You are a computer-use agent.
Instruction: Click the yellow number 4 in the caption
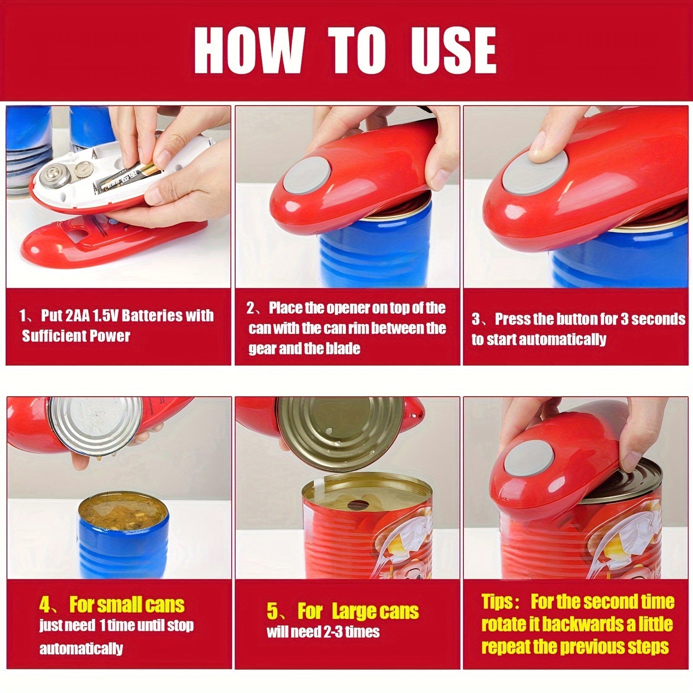tap(45, 605)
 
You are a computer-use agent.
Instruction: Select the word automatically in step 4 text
tap(81, 648)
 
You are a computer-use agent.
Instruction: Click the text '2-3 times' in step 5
tap(351, 632)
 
